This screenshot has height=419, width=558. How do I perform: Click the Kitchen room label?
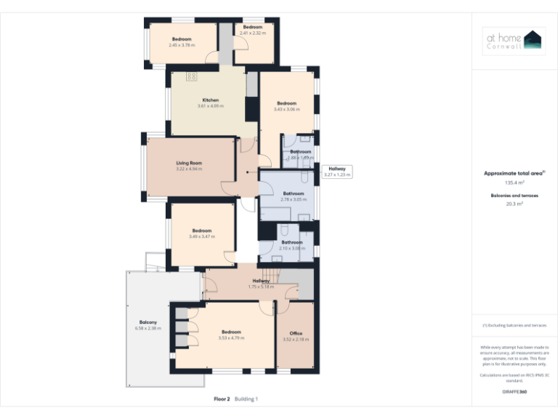pyautogui.click(x=210, y=100)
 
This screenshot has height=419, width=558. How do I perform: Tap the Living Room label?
pyautogui.click(x=189, y=163)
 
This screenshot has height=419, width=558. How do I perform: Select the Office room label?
pyautogui.click(x=296, y=333)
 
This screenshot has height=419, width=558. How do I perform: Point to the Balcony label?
pyautogui.click(x=148, y=322)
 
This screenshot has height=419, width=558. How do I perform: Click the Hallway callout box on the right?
pyautogui.click(x=337, y=172)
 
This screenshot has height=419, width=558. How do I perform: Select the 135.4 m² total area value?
pyautogui.click(x=514, y=183)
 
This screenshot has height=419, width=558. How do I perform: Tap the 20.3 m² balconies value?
pyautogui.click(x=514, y=204)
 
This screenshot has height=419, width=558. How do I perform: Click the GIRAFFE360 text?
pyautogui.click(x=514, y=392)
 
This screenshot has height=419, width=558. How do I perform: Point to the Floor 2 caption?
pyautogui.click(x=222, y=399)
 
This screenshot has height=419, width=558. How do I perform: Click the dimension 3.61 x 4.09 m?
pyautogui.click(x=210, y=106)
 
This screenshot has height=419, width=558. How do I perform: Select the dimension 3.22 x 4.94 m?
pyautogui.click(x=189, y=169)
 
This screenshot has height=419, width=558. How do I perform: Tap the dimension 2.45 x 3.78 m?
pyautogui.click(x=182, y=45)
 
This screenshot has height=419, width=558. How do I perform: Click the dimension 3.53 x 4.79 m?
pyautogui.click(x=231, y=338)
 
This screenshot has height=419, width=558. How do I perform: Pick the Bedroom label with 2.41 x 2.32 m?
pyautogui.click(x=253, y=27)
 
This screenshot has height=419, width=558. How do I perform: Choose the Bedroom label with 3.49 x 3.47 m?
pyautogui.click(x=202, y=231)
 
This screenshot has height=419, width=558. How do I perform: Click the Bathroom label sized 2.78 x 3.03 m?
pyautogui.click(x=293, y=193)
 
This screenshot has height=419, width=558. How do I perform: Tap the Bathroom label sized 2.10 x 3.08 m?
pyautogui.click(x=292, y=242)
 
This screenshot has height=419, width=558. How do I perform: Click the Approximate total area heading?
pyautogui.click(x=513, y=173)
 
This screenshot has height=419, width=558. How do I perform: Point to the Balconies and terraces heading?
pyautogui.click(x=514, y=196)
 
